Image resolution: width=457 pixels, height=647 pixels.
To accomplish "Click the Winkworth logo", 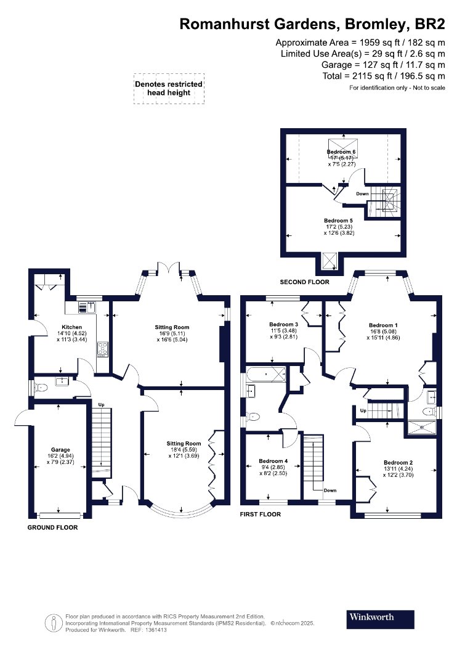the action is tap(380, 619).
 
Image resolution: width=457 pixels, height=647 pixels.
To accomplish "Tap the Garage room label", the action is tap(60, 450).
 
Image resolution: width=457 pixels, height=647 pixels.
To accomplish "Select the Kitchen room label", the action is tap(72, 327).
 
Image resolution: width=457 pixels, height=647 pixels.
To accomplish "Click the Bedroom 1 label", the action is tap(383, 325).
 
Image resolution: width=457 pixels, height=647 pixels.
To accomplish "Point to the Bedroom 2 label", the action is tap(398, 463).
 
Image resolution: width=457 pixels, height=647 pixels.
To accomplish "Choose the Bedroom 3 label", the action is tap(283, 324).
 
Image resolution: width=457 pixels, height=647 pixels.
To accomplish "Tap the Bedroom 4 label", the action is tap(273, 461).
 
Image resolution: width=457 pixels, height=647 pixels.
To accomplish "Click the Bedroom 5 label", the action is tap(338, 221).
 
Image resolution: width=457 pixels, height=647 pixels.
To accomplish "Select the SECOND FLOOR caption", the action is tap(304, 282).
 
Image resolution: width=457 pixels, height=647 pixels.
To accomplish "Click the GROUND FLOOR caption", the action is tap(52, 527).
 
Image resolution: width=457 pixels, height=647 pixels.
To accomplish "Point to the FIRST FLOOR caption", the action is tap(261, 514).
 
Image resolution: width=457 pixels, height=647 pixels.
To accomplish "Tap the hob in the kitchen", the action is tap(103, 349).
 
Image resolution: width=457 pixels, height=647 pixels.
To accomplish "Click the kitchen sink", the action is tap(87, 307).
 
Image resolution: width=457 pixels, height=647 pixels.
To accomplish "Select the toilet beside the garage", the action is tap(41, 388).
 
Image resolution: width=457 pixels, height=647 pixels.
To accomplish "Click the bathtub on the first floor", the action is tap(266, 375).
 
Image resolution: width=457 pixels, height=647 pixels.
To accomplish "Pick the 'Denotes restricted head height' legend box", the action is tap(169, 88).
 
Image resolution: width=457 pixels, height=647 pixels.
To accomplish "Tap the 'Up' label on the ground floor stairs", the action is tap(102, 405).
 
